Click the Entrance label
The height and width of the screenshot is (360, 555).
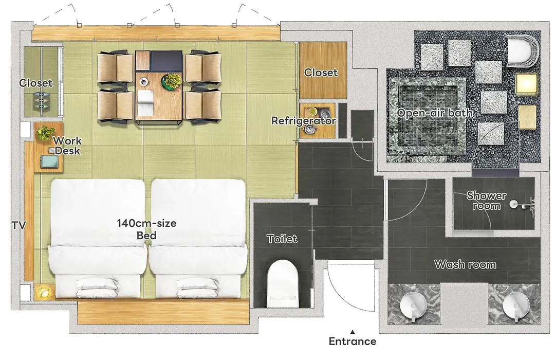[352, 341]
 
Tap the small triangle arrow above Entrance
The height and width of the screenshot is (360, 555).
[353, 332]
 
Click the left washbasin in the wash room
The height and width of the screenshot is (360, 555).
[413, 305]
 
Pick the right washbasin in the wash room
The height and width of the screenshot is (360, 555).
[516, 305]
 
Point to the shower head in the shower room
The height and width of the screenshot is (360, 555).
[514, 204]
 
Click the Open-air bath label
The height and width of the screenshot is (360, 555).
[435, 113]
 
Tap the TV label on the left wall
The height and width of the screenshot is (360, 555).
[18, 225]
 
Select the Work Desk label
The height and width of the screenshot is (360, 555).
[67, 146]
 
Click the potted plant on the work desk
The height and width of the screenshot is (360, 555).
[44, 133]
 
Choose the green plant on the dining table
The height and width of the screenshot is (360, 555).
[172, 81]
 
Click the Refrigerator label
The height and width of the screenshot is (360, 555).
[303, 121]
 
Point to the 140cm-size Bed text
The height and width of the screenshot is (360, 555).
[146, 229]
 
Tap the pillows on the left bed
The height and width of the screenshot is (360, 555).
[97, 287]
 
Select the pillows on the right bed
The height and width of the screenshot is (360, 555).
[197, 287]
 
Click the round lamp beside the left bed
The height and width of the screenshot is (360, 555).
[44, 292]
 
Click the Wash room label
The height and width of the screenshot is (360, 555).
[465, 264]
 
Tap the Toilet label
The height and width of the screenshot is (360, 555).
[282, 239]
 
